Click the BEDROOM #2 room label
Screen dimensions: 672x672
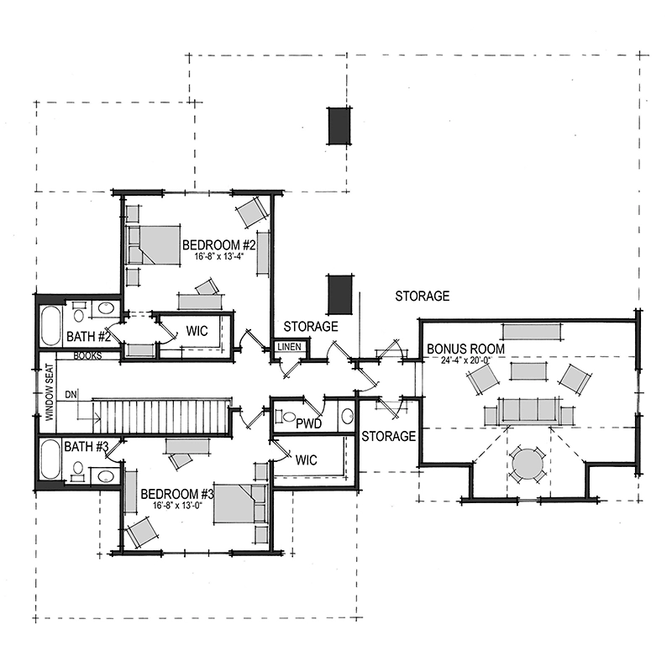click(219, 245)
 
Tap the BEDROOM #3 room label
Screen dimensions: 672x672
click(177, 494)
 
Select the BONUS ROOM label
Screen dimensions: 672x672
click(465, 349)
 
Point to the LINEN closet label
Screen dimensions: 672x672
click(289, 347)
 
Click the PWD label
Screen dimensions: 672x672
click(308, 424)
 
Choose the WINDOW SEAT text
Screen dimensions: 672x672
click(50, 391)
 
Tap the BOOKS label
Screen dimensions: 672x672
click(87, 355)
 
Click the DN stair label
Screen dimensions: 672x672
click(71, 394)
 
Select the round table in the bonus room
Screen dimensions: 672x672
click(528, 465)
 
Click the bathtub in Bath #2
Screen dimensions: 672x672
click(50, 326)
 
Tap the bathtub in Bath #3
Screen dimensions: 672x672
click(50, 459)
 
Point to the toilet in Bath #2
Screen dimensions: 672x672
click(78, 312)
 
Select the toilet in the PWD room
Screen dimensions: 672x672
click(286, 416)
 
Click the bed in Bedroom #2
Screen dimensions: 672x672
click(153, 244)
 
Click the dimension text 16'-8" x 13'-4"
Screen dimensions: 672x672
click(219, 257)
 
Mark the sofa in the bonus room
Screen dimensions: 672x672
click(529, 411)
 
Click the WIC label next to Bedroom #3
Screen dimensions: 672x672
click(306, 460)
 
